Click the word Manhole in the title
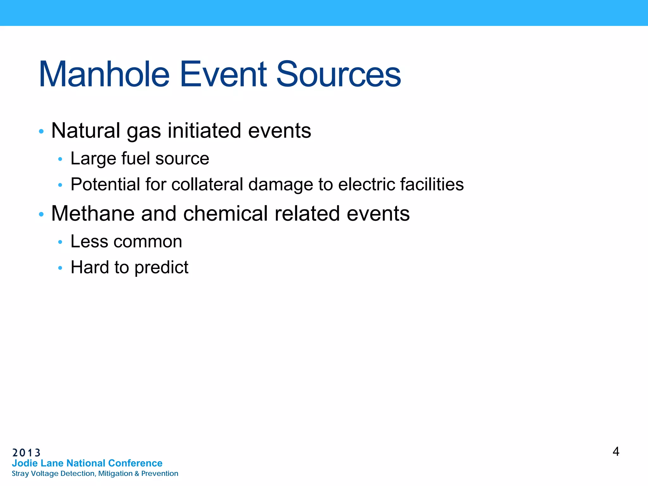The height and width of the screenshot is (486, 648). pos(104,74)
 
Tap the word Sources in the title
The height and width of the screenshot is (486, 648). pos(339,74)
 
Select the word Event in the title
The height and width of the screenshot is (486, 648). pos(223,74)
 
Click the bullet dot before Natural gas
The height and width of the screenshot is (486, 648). pos(41,131)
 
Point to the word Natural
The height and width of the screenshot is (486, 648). pos(86,131)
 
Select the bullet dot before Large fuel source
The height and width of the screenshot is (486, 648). pos(60,159)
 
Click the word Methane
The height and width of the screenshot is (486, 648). pos(93,214)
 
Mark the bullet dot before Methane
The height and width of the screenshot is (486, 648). pos(41,214)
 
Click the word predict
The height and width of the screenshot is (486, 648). pos(161,268)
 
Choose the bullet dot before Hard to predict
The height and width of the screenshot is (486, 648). pos(60,268)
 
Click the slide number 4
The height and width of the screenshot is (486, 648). pos(616,452)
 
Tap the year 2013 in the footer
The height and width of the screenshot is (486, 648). pos(27,453)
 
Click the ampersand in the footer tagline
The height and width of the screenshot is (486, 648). pos(137,474)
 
